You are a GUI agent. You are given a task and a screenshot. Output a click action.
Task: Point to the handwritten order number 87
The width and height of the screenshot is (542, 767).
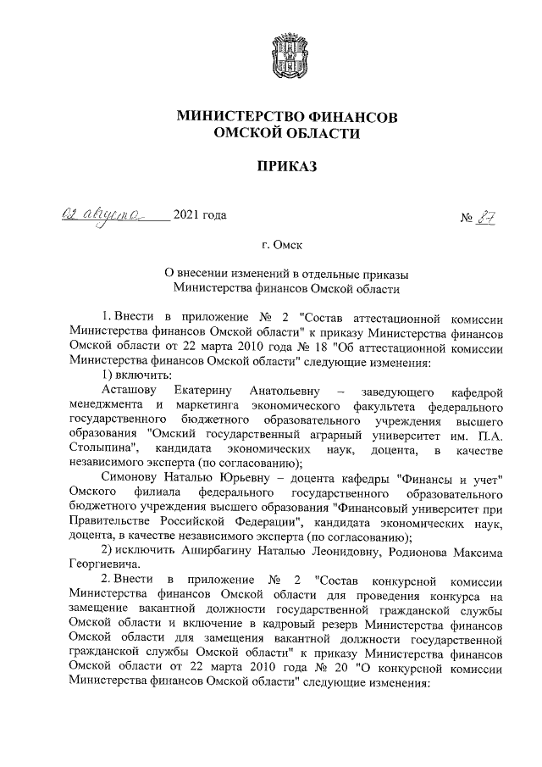(484, 218)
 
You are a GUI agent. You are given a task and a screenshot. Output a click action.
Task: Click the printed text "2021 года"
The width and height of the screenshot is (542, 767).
(200, 215)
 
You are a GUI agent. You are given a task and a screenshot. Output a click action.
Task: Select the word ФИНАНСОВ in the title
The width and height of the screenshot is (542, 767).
(355, 116)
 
